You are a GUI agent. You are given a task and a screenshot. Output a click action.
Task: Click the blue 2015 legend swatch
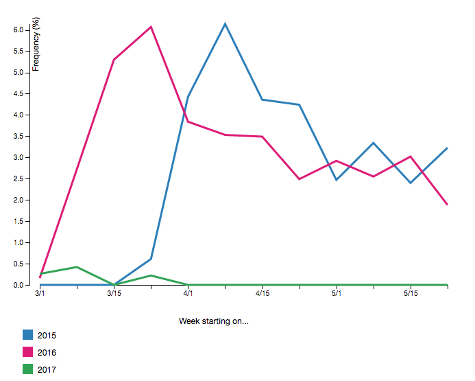coord(28,335)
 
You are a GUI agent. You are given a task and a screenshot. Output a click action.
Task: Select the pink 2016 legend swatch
coord(28,352)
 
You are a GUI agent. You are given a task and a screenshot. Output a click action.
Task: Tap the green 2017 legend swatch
coord(28,369)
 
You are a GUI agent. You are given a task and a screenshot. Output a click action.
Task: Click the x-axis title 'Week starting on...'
coord(213,321)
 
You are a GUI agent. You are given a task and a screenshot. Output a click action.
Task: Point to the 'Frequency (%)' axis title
coord(36,45)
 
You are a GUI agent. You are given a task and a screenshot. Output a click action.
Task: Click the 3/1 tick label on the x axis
coord(40,294)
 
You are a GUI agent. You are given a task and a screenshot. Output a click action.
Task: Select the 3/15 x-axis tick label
coord(114,294)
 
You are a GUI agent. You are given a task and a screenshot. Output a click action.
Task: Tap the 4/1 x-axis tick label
coord(188,294)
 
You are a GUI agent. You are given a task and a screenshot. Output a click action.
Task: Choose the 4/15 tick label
coord(263,294)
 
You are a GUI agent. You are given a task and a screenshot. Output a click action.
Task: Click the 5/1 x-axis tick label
coord(337,294)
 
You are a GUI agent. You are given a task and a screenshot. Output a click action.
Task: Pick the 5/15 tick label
coord(411,294)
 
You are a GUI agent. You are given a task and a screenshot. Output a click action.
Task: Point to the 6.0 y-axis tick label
coord(18,30)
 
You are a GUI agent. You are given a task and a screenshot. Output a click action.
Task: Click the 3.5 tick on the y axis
coord(18,137)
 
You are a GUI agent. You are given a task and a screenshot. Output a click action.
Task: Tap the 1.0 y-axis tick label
coord(18,243)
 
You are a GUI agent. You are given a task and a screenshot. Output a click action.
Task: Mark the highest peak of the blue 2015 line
coord(226,24)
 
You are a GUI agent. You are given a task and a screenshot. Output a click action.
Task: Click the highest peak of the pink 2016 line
coord(151,27)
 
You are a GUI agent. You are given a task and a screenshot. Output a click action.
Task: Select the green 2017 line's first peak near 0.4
coord(77,267)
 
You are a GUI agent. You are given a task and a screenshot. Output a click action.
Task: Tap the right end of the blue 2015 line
coord(448,148)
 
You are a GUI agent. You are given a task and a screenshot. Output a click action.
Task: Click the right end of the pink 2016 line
coord(448,205)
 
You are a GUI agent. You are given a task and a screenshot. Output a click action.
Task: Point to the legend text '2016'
coord(47,352)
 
